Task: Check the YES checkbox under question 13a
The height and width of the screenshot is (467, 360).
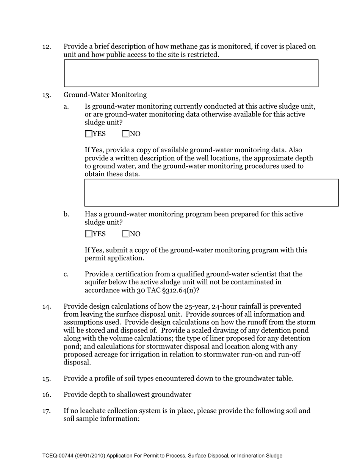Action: [x=88, y=134]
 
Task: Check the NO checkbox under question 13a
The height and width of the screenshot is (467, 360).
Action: [x=126, y=134]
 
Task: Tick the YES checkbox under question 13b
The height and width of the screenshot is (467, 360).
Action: [x=88, y=234]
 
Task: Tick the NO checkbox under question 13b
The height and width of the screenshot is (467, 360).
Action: [x=126, y=234]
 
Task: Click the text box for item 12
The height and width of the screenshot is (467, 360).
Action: [x=191, y=73]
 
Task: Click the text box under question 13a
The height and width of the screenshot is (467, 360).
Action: [x=211, y=192]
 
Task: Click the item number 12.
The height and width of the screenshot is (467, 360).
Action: [x=47, y=47]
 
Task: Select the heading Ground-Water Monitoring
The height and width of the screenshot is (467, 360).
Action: [x=105, y=95]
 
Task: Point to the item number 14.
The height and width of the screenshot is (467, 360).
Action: [x=47, y=306]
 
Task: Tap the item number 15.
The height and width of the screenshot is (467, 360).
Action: [x=47, y=379]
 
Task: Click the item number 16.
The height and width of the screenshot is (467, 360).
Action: [x=47, y=395]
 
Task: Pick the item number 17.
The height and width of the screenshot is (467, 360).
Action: [x=47, y=411]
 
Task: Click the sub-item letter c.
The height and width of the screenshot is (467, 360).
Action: [x=66, y=274]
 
